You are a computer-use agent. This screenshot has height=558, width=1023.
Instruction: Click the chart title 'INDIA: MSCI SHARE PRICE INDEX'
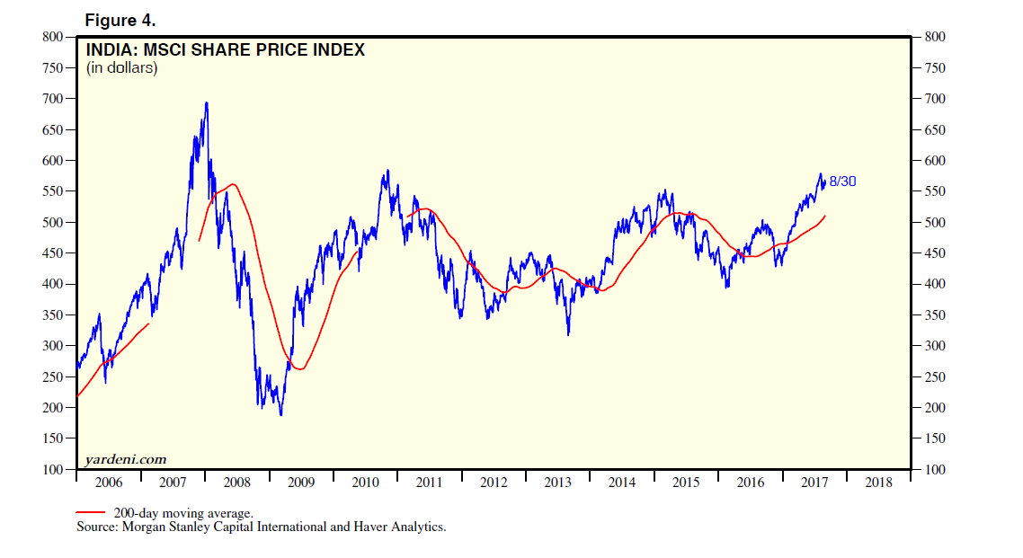coord(225,50)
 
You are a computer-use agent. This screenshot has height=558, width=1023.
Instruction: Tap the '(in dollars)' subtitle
coord(121,67)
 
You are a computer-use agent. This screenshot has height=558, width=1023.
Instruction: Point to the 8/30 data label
coord(842,182)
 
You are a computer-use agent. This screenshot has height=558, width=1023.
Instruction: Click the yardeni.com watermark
coord(125,459)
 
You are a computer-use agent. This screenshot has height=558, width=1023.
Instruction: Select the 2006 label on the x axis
coord(108,483)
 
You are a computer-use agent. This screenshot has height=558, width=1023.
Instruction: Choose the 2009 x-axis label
coord(300,483)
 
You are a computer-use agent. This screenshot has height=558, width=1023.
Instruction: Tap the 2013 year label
coord(557,483)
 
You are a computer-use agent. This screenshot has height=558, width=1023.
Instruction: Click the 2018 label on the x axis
coord(878,483)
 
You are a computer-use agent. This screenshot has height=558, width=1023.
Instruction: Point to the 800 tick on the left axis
coord(52,37)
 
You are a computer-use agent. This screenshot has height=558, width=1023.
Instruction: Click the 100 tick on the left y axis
coord(52,470)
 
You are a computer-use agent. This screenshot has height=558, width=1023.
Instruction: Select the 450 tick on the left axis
coord(52,253)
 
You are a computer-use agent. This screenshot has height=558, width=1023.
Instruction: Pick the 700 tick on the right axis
coord(935,99)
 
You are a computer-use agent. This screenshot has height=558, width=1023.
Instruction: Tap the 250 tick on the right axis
coord(935,377)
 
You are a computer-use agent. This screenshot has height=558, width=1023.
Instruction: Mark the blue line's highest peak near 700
coord(207,102)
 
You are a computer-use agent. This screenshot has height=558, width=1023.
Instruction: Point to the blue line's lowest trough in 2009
coord(281,414)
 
